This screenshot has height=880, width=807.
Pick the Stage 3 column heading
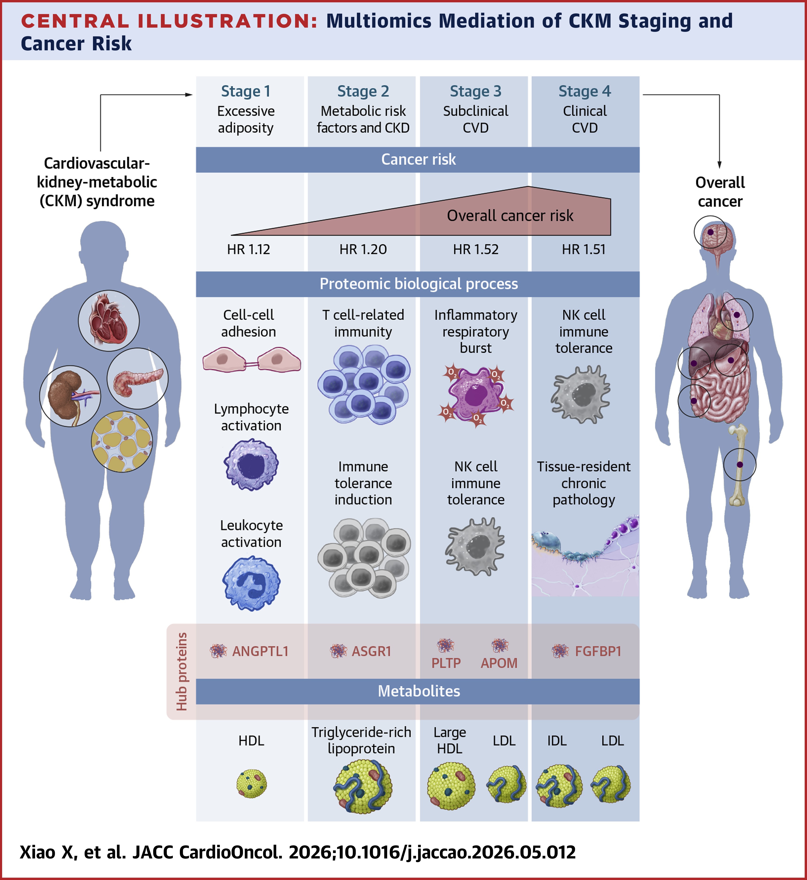click(476, 91)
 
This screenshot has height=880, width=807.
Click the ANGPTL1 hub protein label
click(260, 651)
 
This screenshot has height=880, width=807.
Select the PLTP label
click(446, 663)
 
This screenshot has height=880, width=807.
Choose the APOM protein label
click(499, 663)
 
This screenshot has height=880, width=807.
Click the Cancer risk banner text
click(418, 159)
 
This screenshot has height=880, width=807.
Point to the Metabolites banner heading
click(419, 691)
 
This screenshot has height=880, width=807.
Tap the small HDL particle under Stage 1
click(252, 784)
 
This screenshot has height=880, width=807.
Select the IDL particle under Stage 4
click(559, 786)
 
